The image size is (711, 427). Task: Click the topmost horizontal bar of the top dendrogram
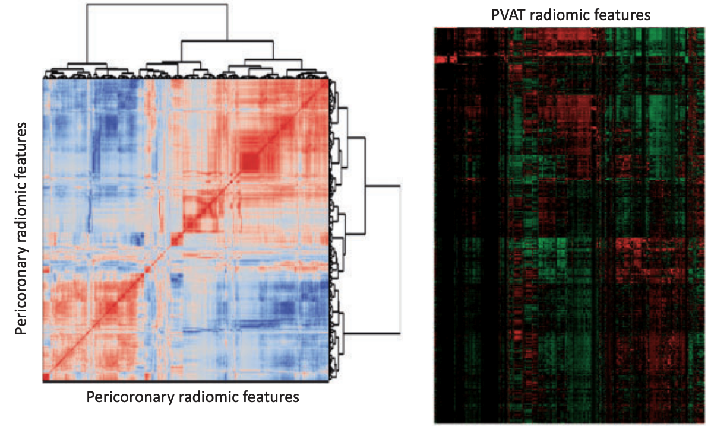(157, 5)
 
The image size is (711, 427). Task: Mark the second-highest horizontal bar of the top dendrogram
(227, 41)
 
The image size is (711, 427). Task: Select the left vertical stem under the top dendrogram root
(87, 33)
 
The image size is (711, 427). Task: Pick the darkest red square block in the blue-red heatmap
(249, 161)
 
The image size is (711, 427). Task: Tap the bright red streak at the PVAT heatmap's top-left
(444, 59)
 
